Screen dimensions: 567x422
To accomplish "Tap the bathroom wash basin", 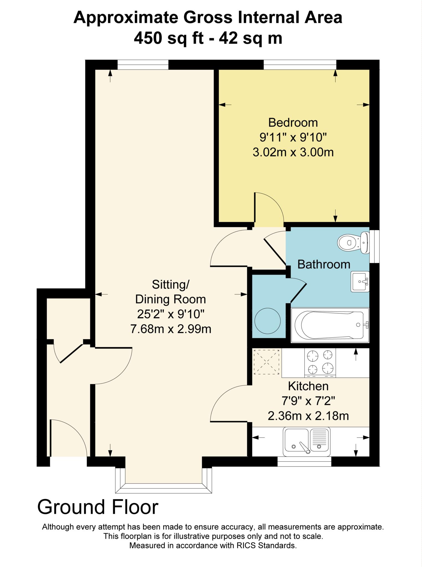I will pos(360,282).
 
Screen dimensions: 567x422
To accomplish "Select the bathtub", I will pos(329,325).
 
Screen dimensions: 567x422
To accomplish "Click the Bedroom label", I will pos(293,122).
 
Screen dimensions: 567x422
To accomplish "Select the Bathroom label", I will pos(324,264).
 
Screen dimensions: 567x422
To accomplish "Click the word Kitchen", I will pos(308,386).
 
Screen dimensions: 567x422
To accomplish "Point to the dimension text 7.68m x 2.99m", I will pos(171,329).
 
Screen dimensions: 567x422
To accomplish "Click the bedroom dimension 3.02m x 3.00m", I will pos(293,152).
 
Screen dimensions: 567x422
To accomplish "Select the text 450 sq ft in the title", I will pos(169,38).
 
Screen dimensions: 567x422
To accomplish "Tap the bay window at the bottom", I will pos(163,488).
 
